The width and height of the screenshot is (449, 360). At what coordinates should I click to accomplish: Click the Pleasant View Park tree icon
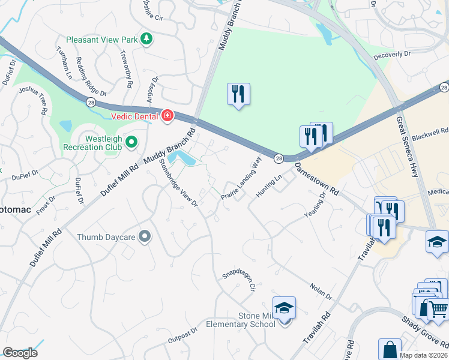pos(146,40)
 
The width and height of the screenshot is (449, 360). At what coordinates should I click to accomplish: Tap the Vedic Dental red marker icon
pos(167,116)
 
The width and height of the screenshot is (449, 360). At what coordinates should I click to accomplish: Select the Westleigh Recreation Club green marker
pos(132,142)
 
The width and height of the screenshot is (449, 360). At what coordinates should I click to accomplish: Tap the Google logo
pos(20,353)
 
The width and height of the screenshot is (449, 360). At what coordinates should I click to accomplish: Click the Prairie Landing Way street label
pos(241,178)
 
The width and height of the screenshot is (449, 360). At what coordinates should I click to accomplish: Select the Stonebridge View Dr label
pos(179,184)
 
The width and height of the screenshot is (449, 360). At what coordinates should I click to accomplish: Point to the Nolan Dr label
pos(321,292)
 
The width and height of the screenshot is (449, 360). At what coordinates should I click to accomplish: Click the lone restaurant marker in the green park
pos(238,94)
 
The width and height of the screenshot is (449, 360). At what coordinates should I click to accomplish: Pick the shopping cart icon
pos(439,309)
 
